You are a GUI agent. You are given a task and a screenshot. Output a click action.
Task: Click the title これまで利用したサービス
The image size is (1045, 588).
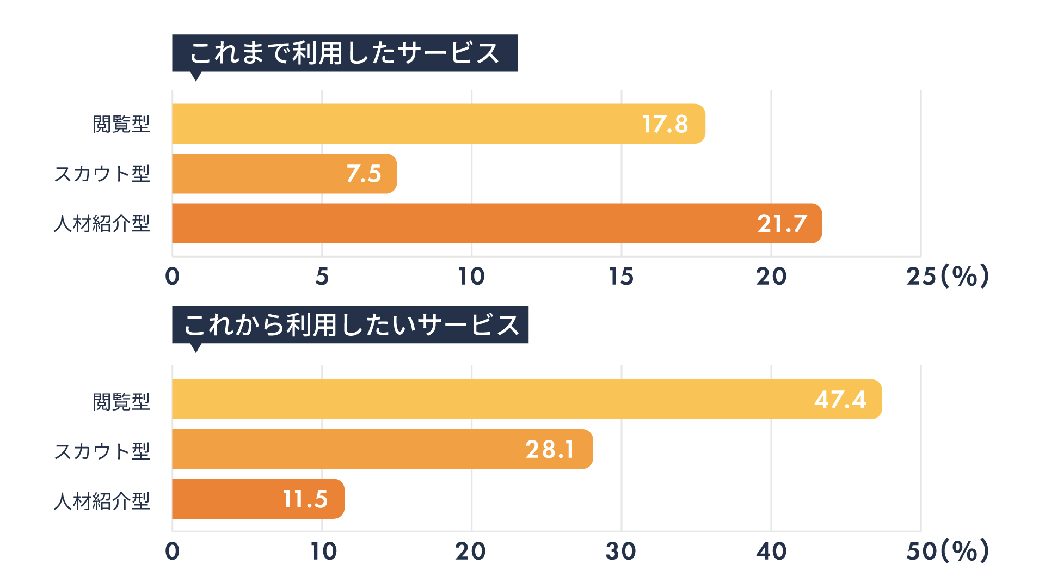[x=345, y=53]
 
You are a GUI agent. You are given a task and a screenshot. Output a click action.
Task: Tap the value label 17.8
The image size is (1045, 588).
[x=665, y=124]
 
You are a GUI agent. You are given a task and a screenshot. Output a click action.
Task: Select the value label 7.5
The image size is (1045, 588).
[x=364, y=174]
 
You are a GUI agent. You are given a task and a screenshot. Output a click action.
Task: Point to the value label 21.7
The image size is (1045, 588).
[x=782, y=224]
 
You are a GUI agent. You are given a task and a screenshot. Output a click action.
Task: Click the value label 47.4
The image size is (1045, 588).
[x=840, y=400]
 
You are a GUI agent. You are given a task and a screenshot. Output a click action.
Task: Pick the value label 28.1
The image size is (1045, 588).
[x=550, y=450]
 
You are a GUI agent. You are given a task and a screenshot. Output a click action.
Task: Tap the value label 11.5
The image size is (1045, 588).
[x=305, y=499]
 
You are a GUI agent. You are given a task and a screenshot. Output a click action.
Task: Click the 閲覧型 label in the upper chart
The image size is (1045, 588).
[x=121, y=124]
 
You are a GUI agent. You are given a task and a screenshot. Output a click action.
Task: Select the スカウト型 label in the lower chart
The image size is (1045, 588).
[x=102, y=451]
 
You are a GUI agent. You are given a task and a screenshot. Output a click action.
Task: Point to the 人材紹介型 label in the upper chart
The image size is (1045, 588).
[x=102, y=224]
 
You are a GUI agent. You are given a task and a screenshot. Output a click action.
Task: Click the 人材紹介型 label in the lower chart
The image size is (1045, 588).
[x=102, y=501]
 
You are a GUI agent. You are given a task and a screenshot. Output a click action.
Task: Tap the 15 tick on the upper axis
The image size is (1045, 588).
[x=621, y=277]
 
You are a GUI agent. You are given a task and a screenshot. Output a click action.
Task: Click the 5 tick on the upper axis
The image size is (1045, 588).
[x=322, y=277]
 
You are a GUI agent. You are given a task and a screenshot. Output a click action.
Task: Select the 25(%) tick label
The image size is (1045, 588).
[x=947, y=277]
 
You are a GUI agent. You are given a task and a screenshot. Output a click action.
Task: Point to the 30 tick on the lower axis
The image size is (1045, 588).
[x=620, y=552]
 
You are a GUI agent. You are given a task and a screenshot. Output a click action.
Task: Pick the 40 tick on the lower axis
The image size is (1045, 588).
[x=771, y=552]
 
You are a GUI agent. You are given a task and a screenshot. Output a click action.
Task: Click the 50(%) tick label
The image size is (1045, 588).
[x=947, y=552]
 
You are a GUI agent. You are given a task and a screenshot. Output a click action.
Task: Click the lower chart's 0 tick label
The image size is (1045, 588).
[x=173, y=552]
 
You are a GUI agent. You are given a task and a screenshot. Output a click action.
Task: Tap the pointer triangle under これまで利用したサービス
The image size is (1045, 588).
[x=196, y=76]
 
